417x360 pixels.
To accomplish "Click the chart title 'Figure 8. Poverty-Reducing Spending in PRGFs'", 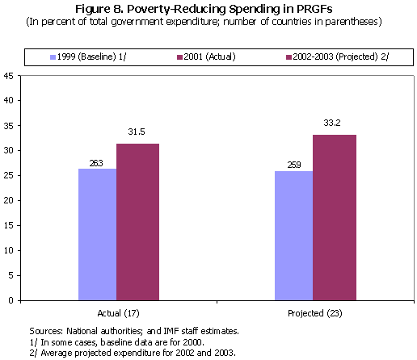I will tap(208, 8).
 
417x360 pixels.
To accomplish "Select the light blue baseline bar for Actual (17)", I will tap(97, 234).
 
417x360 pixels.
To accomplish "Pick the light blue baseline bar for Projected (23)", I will tap(293, 235).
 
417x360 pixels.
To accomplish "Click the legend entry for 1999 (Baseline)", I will tap(89, 57).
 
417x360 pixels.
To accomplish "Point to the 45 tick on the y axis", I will tap(8, 76).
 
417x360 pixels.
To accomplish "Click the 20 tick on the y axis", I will tap(8, 200).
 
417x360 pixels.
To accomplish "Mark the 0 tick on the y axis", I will tap(11, 300).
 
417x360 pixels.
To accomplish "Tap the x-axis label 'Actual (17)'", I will tap(116, 311).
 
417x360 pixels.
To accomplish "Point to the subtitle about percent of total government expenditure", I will tap(208, 20).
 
